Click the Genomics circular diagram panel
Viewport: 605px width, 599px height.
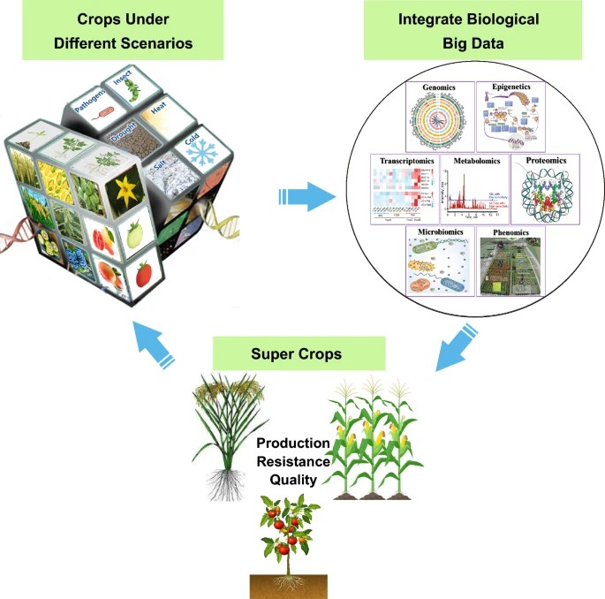[x=438, y=118]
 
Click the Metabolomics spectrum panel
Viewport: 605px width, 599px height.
[x=475, y=189]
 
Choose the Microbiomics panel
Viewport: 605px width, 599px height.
[x=438, y=263]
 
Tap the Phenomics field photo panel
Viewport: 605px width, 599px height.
[x=511, y=263]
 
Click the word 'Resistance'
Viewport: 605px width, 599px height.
[x=294, y=461]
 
